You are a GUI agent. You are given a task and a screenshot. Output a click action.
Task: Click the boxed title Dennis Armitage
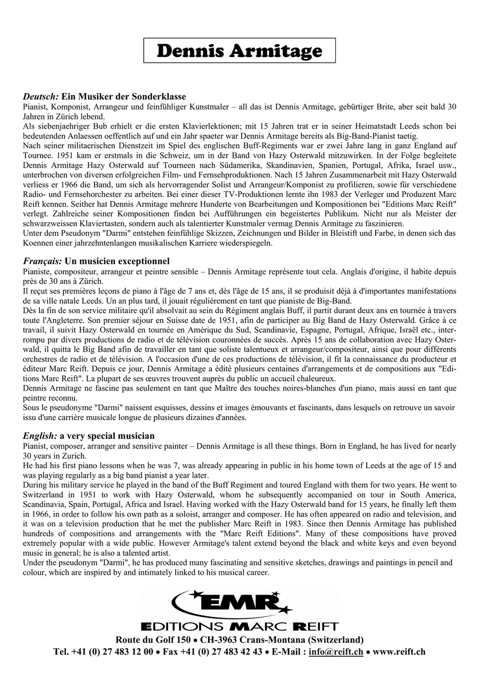click(x=240, y=51)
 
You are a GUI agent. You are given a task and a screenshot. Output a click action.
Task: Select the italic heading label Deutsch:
click(x=40, y=97)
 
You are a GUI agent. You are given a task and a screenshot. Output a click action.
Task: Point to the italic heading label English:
click(x=40, y=436)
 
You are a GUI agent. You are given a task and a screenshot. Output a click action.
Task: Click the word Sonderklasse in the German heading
click(x=161, y=97)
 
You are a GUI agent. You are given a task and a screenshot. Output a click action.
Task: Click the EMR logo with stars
click(x=233, y=603)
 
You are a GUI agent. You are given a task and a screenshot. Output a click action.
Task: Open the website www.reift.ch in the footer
click(x=399, y=652)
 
